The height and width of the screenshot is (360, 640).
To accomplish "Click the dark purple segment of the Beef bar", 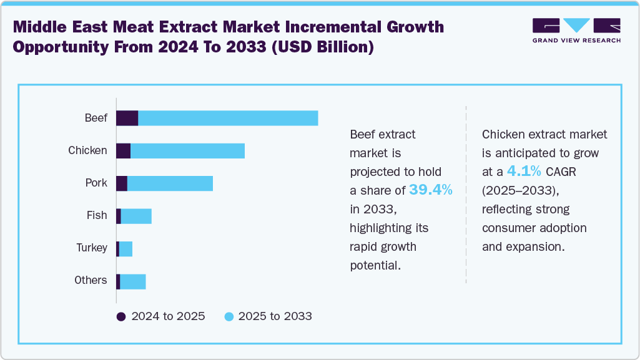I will click(x=127, y=118).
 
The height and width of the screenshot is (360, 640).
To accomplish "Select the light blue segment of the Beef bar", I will click(x=228, y=118).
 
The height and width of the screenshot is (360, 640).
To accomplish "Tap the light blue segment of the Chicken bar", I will click(x=187, y=150).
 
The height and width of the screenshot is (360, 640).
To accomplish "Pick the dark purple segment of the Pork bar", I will click(x=122, y=183).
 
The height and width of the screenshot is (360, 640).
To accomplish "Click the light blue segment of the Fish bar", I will click(x=136, y=216).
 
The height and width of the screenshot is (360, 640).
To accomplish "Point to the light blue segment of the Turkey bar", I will click(x=126, y=248).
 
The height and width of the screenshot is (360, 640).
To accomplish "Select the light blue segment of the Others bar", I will click(x=132, y=281).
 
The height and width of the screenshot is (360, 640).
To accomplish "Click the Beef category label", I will click(x=96, y=118).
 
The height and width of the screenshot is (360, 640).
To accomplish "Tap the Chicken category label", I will click(x=87, y=150).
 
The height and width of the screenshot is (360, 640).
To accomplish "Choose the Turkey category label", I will click(x=92, y=248).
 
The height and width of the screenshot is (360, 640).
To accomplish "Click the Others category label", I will click(x=91, y=281).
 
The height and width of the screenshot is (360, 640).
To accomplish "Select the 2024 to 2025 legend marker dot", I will click(x=122, y=316).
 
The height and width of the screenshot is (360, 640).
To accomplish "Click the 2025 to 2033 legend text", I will click(x=275, y=316).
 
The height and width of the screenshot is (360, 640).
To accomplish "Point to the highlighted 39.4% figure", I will click(x=431, y=190).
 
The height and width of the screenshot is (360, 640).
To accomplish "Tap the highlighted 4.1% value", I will click(x=524, y=171).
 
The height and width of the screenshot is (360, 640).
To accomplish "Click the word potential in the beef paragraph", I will click(x=375, y=265).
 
